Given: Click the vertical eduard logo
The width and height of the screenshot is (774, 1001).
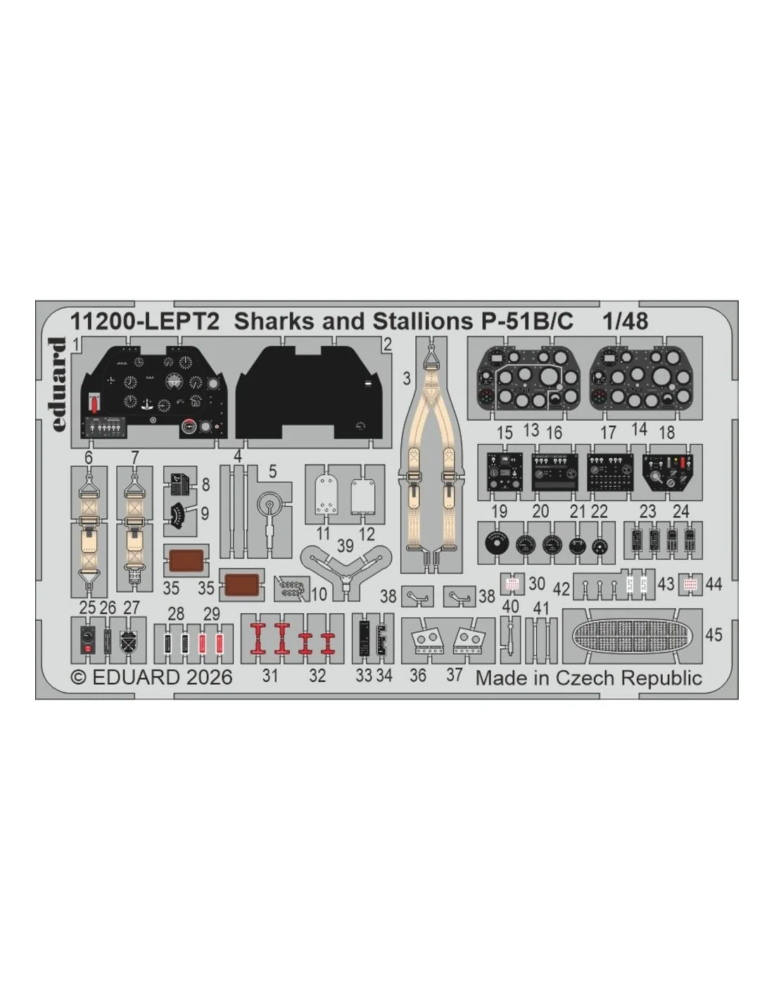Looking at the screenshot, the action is coord(58,384).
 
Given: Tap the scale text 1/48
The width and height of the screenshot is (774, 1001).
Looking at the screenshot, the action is coord(626,321).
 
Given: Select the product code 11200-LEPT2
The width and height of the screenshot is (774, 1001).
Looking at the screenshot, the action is coord(144,321).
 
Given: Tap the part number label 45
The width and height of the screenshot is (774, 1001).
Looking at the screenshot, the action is coord(713,635).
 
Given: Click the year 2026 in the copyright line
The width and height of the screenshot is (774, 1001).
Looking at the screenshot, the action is coord(209,677).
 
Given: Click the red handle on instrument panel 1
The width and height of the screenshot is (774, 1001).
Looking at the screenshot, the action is coord(94,404).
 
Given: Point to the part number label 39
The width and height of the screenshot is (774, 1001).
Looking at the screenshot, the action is coord(345,546).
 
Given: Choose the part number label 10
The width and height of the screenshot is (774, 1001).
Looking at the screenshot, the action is coord(319,594).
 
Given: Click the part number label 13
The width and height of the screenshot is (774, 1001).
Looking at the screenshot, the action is coord(531,430).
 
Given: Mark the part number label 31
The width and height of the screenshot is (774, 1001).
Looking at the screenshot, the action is coord(270,676).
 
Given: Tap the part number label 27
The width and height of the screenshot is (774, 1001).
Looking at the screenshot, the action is coord(131,607).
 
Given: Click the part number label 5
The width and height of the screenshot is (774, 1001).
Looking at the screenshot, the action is coord(272,472).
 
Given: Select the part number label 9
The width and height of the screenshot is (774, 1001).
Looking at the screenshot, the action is coord(205,513).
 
